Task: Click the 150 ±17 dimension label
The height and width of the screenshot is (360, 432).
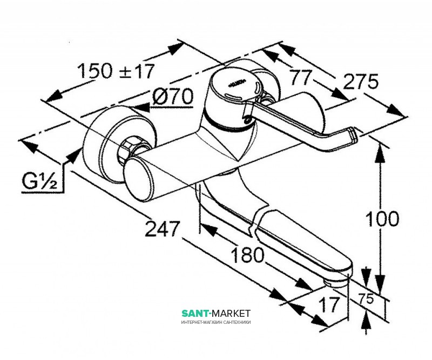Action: click(x=116, y=71)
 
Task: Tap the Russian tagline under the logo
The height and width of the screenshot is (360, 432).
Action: click(x=216, y=322)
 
